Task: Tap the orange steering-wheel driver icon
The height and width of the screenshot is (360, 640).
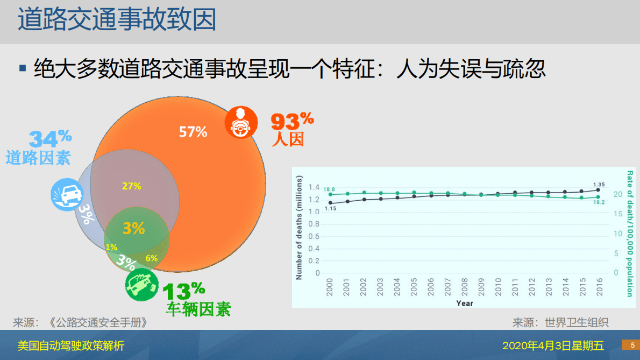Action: (240, 122)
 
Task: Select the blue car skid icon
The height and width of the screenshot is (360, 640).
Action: (67, 194)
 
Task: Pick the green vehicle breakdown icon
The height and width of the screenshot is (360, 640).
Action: (141, 284)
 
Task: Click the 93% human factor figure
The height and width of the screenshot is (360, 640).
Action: (291, 121)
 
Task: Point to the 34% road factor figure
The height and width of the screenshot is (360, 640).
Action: (49, 139)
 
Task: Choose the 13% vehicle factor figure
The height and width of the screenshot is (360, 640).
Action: (183, 291)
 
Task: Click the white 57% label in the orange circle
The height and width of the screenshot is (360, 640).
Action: (193, 131)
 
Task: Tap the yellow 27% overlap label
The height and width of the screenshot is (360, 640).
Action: (131, 186)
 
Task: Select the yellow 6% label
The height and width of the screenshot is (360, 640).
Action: (151, 258)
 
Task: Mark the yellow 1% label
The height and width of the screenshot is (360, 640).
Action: (111, 248)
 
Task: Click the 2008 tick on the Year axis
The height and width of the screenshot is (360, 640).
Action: (464, 288)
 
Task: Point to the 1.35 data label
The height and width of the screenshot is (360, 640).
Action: (599, 184)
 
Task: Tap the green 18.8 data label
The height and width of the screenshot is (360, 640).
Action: (330, 189)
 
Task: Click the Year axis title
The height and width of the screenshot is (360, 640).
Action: (465, 303)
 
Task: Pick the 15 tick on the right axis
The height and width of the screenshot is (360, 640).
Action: (618, 214)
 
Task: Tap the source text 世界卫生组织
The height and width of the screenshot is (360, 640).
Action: (577, 322)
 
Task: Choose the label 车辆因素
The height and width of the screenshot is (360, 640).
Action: (198, 309)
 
